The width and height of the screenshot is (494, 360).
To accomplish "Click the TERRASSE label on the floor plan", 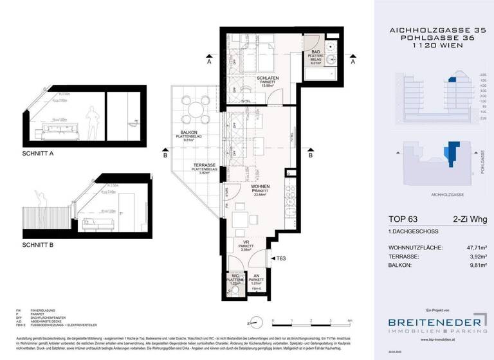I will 205,166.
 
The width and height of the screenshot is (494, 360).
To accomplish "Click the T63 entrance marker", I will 280,258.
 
